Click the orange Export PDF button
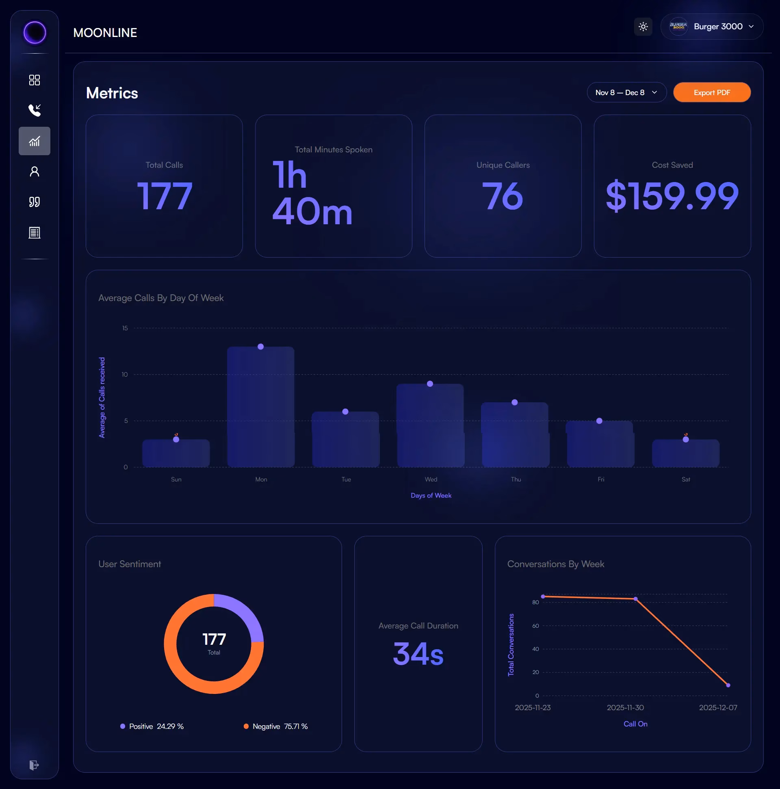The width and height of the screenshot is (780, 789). pyautogui.click(x=711, y=93)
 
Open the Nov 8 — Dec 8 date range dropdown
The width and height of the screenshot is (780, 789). pyautogui.click(x=626, y=93)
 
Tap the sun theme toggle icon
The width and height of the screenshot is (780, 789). pyautogui.click(x=643, y=27)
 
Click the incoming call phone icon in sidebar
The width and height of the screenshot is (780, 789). pyautogui.click(x=35, y=110)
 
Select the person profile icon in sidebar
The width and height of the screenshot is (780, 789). pyautogui.click(x=35, y=171)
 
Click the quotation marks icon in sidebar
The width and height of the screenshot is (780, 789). pyautogui.click(x=35, y=202)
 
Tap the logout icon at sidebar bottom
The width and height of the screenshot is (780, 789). pyautogui.click(x=34, y=765)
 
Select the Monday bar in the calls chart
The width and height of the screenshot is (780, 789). pyautogui.click(x=260, y=408)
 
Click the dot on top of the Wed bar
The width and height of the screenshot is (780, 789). pyautogui.click(x=430, y=384)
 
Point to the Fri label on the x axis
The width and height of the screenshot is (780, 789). pyautogui.click(x=601, y=479)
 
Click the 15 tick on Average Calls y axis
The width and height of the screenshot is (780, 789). pyautogui.click(x=125, y=328)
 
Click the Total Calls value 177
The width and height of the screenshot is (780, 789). pyautogui.click(x=165, y=196)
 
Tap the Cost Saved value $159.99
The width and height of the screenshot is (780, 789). pyautogui.click(x=672, y=196)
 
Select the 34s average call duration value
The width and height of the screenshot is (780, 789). pyautogui.click(x=418, y=653)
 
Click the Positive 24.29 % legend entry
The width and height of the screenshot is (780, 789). pyautogui.click(x=152, y=726)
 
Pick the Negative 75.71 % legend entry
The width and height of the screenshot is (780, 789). pyautogui.click(x=276, y=726)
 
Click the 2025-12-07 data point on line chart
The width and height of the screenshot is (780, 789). pyautogui.click(x=728, y=685)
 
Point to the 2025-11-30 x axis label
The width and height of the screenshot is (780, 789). pyautogui.click(x=625, y=708)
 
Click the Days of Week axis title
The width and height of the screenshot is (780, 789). pyautogui.click(x=431, y=495)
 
